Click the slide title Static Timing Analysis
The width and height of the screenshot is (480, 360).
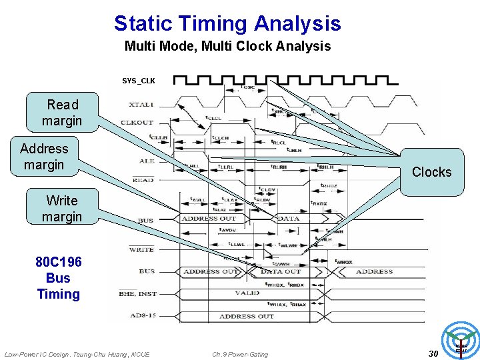tap(227, 24)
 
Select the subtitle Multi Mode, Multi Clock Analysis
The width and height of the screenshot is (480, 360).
tap(227, 47)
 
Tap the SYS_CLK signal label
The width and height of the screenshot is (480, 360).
tap(139, 81)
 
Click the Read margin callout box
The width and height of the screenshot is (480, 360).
tap(62, 113)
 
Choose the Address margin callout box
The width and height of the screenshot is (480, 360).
tap(43, 157)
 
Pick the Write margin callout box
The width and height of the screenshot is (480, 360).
tap(62, 209)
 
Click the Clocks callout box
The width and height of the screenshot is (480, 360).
tap(431, 172)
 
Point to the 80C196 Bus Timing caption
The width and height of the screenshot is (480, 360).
tap(58, 278)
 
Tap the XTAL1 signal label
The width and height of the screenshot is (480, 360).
tap(141, 105)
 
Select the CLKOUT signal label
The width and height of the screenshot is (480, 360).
tap(137, 123)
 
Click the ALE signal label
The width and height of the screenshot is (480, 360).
tap(146, 161)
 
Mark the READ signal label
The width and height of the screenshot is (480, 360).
tap(143, 180)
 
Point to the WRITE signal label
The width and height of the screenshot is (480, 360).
tap(141, 249)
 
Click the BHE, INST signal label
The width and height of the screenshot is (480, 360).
tap(138, 293)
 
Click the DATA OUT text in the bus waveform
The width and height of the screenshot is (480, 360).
tap(281, 272)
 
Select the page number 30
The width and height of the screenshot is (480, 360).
tap(433, 353)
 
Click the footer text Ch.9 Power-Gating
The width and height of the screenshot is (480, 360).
tap(240, 354)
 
